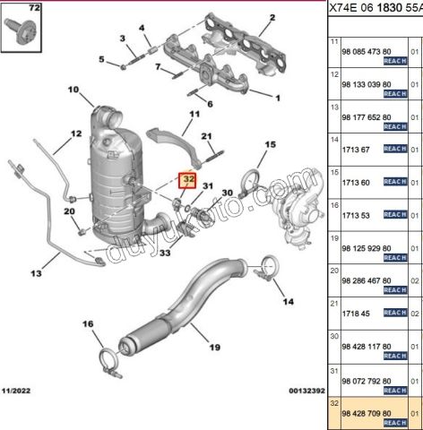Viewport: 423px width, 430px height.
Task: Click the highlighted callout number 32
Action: click(x=188, y=180)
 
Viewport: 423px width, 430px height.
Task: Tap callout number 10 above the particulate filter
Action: click(x=73, y=90)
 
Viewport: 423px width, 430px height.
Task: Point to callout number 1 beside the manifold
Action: click(x=278, y=98)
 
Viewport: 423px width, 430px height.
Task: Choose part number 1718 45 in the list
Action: click(x=358, y=313)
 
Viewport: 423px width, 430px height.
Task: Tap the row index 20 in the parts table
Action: click(x=335, y=270)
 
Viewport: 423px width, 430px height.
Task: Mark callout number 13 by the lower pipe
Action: click(x=37, y=273)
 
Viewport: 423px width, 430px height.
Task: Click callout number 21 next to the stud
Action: click(x=206, y=136)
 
